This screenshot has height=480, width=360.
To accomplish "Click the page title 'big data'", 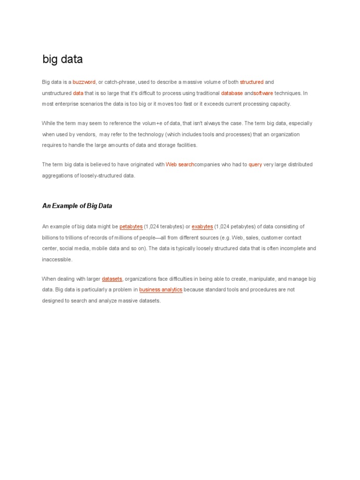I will click(62, 60).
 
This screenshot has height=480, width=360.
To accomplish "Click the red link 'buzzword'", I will click(84, 82).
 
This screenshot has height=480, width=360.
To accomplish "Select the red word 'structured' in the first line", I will click(252, 82).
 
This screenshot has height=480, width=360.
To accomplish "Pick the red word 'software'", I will click(263, 93).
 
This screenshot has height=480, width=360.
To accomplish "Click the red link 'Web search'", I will click(180, 165).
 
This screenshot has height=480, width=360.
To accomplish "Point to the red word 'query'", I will click(255, 165).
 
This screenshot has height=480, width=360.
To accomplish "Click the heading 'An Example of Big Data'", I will click(77, 206).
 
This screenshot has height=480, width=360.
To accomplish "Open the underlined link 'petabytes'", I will click(131, 227).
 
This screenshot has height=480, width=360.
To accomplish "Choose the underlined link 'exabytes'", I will click(202, 227).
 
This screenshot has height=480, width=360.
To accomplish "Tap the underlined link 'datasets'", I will click(112, 279).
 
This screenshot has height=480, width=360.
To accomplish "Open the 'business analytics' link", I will click(161, 290).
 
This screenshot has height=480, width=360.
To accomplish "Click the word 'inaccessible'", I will click(57, 260).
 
